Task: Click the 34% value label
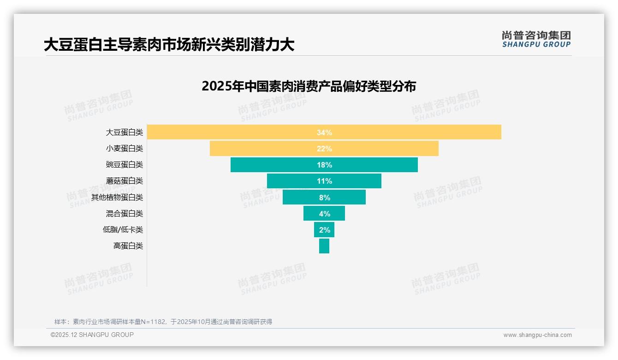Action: coord(324,132)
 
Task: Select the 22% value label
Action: coord(324,149)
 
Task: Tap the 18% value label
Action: coord(324,165)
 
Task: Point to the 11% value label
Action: coord(324,181)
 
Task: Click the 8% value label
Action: coord(324,198)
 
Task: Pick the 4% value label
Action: coord(324,214)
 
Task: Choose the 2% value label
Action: coord(324,230)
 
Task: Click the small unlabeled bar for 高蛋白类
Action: coord(324,246)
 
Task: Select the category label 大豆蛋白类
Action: coord(125,132)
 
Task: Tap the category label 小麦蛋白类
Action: coord(125,149)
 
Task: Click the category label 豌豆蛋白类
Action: coord(125,165)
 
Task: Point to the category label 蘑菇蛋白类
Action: coord(125,181)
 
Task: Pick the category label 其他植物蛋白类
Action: coord(117,198)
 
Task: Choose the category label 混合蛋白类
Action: coord(125,214)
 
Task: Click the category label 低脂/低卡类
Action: coord(123,230)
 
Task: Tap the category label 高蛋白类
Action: coord(128,246)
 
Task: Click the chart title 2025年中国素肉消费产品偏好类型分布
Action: coord(309,86)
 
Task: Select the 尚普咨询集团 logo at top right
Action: coord(536,39)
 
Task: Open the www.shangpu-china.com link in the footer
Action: coord(537,335)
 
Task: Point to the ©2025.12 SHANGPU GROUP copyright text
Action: coord(92,335)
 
